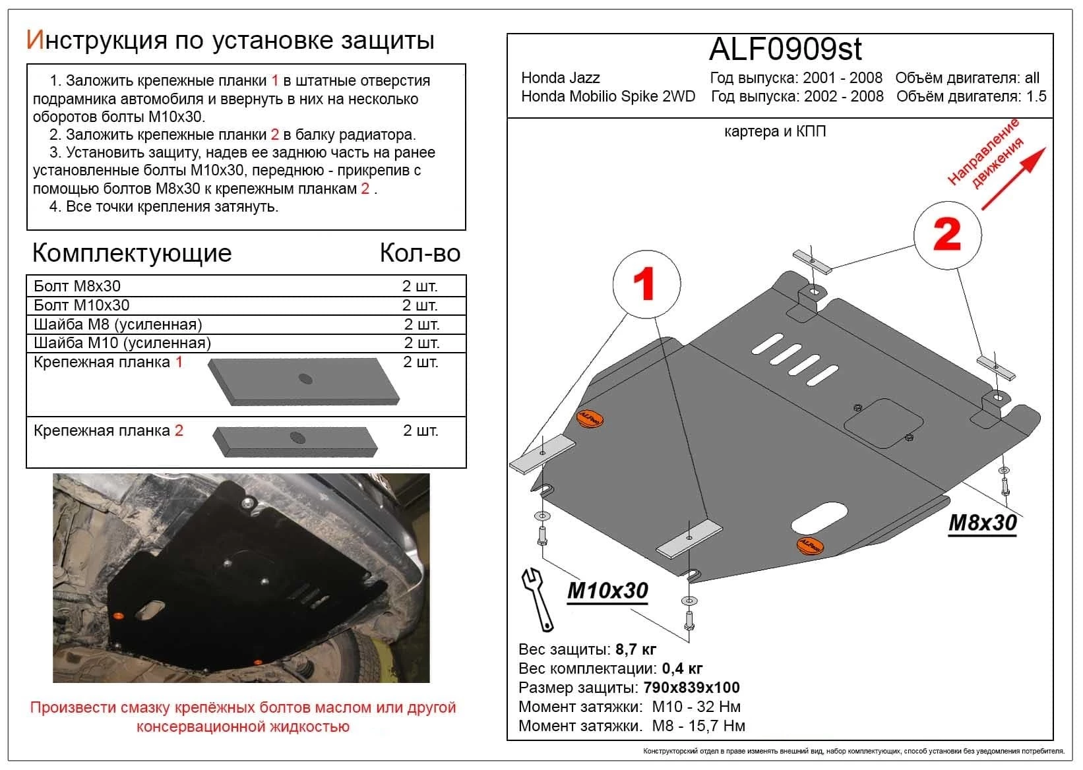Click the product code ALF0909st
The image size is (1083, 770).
coord(785,49)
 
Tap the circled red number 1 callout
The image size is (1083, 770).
coord(646,284)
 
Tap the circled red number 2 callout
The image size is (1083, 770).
coord(947,235)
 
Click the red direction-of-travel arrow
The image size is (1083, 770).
coord(1013,179)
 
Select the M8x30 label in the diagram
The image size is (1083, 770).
coord(982,523)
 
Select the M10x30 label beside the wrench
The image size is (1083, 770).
coord(607,590)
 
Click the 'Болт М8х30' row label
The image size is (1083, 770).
coord(77,286)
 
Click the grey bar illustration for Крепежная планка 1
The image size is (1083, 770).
coord(304,381)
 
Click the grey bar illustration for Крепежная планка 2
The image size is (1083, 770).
coord(295,440)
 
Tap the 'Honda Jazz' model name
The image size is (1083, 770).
coord(560,78)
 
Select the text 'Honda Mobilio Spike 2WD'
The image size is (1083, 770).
coord(607,96)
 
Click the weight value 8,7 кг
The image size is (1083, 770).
coord(635,649)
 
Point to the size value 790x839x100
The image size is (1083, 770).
coord(691,688)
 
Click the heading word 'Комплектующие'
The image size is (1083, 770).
coord(132,253)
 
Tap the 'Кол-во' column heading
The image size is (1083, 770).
coord(419,253)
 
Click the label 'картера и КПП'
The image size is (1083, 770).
coord(774,131)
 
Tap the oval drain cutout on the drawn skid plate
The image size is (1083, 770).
coord(815,518)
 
